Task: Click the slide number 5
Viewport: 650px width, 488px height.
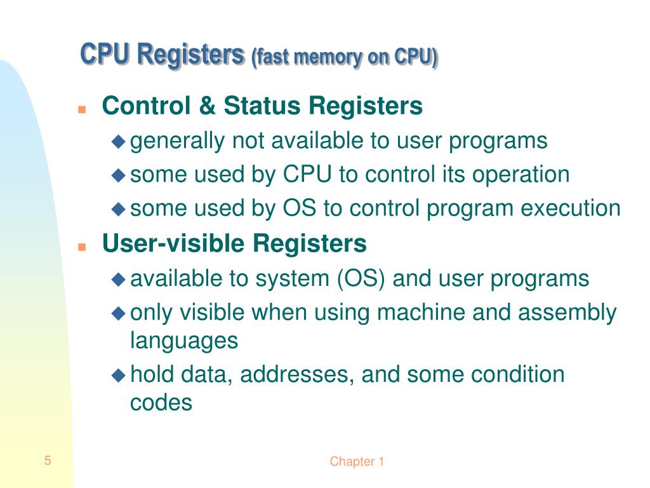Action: click(x=48, y=461)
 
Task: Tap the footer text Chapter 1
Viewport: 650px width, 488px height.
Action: click(x=357, y=462)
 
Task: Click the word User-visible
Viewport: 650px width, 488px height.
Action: click(x=174, y=243)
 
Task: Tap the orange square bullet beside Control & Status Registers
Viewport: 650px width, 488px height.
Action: click(x=81, y=109)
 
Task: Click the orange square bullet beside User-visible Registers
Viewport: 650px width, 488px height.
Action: click(x=81, y=246)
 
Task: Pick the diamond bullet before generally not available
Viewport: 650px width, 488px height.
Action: click(x=118, y=142)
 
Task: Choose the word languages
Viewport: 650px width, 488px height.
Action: click(x=184, y=341)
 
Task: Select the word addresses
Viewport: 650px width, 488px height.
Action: click(x=296, y=374)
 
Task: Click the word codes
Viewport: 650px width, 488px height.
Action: click(x=161, y=402)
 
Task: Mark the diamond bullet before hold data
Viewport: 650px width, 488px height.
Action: click(x=118, y=375)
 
